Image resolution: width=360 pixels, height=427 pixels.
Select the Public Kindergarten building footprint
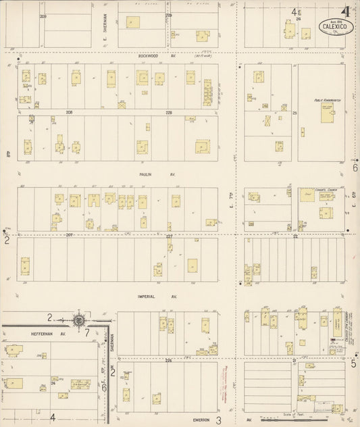coord(327,116)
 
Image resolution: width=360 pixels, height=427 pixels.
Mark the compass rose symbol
coord(78,320)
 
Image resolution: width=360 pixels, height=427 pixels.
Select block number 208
coord(68,111)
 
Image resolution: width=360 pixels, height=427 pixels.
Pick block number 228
coord(169,111)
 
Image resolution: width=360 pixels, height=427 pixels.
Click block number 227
coord(169,235)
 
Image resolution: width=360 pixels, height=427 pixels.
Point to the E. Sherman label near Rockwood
coord(105,27)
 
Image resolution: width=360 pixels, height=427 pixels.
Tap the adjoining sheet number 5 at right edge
coord(353,363)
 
